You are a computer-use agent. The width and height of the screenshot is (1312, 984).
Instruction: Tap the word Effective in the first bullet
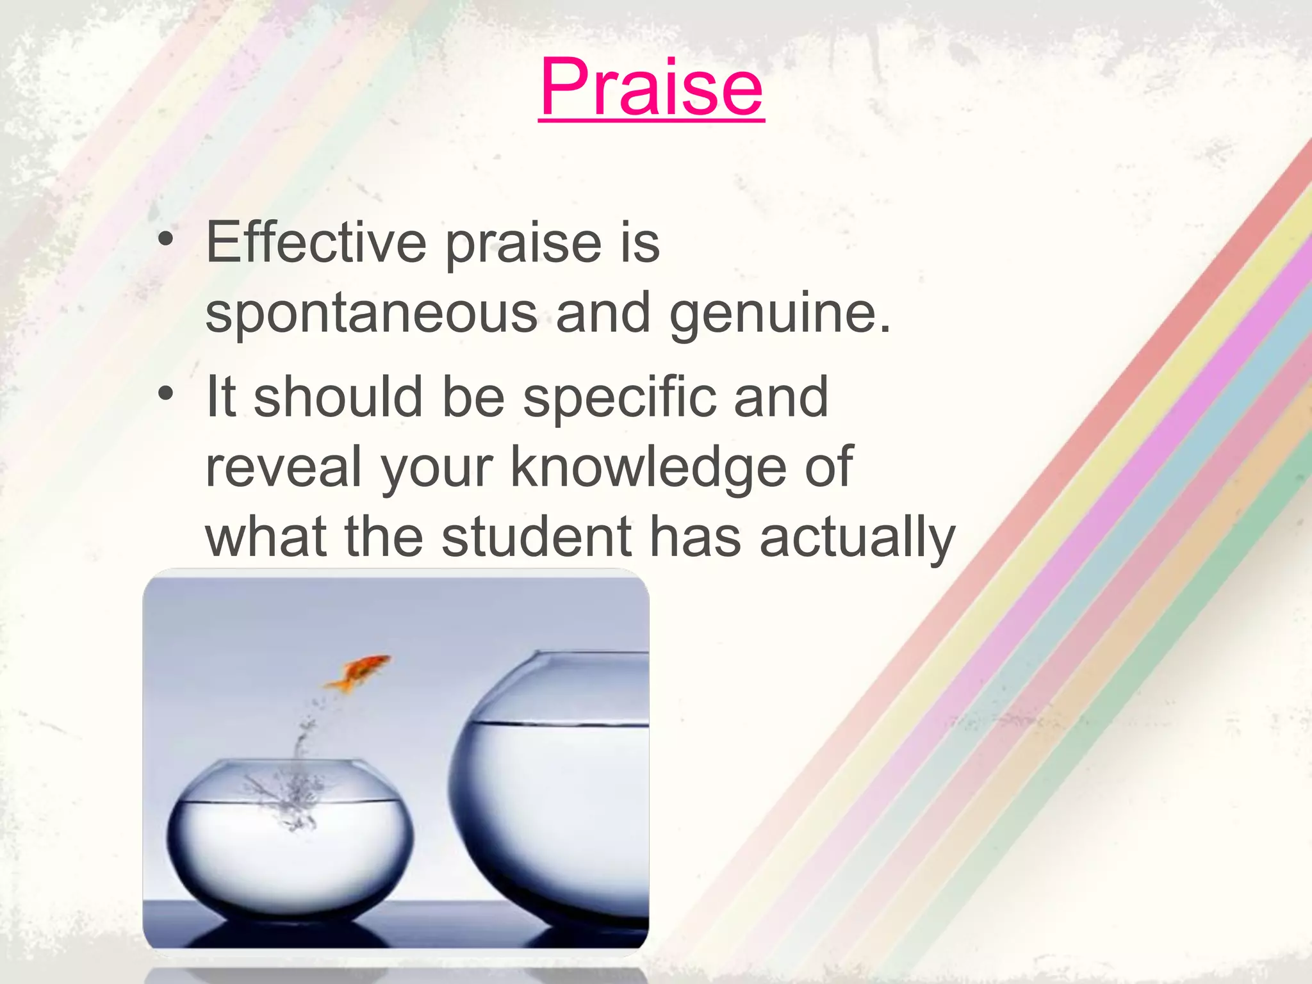[316, 243]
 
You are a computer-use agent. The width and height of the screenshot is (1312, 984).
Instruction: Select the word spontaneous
[372, 314]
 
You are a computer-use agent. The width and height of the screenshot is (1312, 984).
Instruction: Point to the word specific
[619, 397]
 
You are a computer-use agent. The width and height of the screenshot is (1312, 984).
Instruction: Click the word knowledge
[648, 468]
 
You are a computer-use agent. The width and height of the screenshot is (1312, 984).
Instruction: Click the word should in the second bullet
[338, 397]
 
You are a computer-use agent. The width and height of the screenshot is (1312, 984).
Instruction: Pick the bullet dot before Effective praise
[166, 239]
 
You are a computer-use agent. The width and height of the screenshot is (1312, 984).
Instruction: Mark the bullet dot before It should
[166, 393]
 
